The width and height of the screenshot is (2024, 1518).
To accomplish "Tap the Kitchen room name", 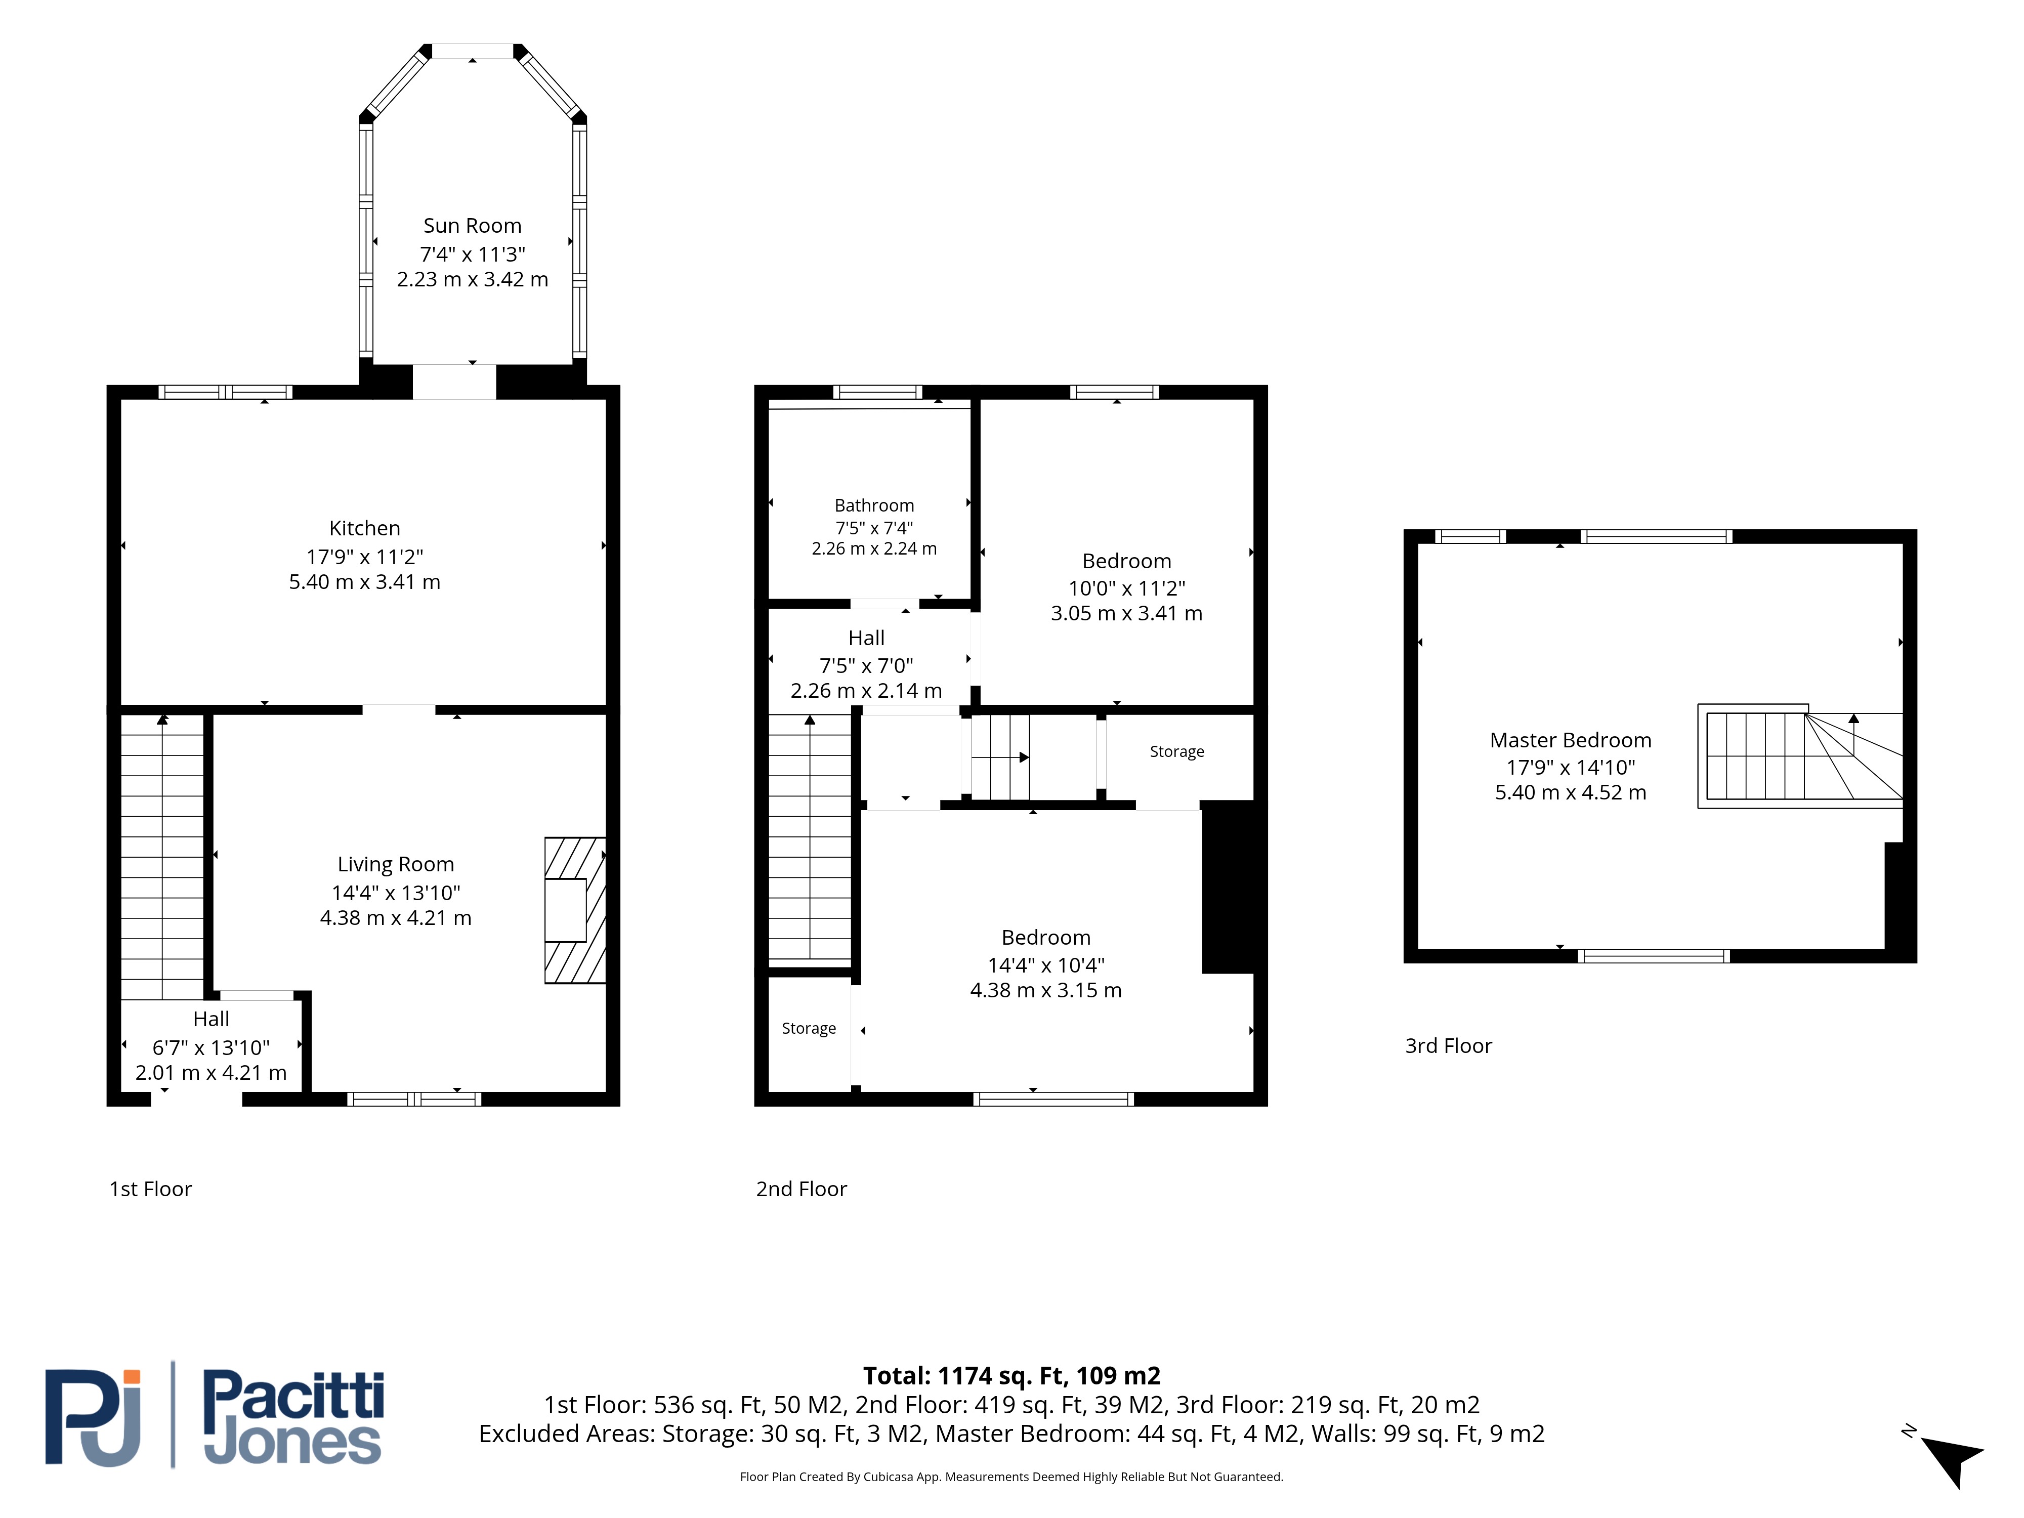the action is point(364,528).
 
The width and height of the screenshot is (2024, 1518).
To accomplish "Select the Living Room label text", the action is point(395,865).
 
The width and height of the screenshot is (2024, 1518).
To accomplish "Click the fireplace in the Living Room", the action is point(575,910).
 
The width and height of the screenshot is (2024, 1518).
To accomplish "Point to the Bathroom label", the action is point(874,505).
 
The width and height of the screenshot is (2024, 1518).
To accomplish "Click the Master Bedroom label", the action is point(1570,740).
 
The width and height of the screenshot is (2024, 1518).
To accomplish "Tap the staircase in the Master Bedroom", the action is point(1800,756).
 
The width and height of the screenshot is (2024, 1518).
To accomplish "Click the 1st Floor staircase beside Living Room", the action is point(162,857).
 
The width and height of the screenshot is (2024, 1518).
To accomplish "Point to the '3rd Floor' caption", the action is point(1449,1046).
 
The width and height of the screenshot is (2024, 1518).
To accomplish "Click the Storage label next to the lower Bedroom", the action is point(809,1029).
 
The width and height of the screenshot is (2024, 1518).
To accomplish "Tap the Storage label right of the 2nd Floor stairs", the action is point(1176,751).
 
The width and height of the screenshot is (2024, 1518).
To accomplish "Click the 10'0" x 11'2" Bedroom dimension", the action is point(1126,588).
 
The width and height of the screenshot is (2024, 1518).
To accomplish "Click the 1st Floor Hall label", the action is point(212,1019).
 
